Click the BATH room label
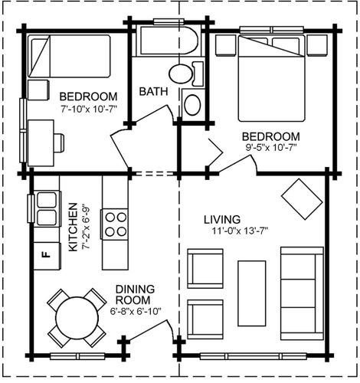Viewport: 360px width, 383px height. (x=153, y=91)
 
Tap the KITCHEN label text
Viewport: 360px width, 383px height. (x=73, y=227)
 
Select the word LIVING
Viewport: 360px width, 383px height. (x=222, y=220)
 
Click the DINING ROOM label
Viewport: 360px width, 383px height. (x=135, y=294)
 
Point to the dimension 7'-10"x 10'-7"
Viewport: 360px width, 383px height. (x=89, y=109)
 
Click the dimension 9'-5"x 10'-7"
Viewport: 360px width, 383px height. (x=271, y=148)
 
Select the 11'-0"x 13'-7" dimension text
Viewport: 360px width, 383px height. (x=240, y=231)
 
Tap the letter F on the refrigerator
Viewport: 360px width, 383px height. (x=45, y=254)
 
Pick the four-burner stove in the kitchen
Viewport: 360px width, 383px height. (x=115, y=224)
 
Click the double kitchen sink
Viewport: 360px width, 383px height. (x=47, y=208)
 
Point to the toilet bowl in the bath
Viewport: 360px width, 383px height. (x=180, y=74)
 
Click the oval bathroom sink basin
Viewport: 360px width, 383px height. (x=192, y=105)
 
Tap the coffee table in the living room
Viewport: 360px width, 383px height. (x=252, y=293)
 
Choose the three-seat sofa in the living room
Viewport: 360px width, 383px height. (x=302, y=293)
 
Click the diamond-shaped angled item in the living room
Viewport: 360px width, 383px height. (x=302, y=199)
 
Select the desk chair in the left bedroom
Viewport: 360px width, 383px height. (x=59, y=143)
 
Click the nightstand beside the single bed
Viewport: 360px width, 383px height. (x=38, y=90)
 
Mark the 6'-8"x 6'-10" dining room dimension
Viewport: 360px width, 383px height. (x=136, y=312)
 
